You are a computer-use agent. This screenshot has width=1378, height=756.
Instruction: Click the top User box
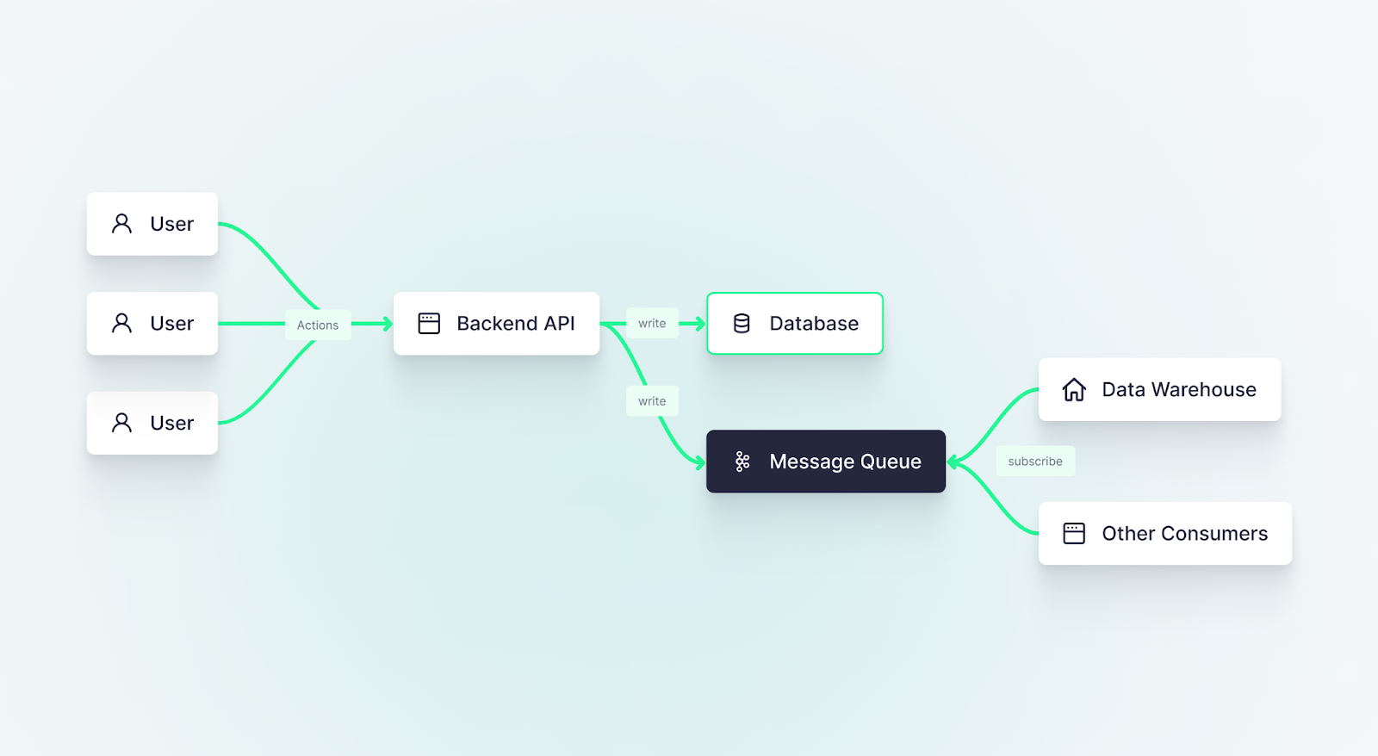[152, 224]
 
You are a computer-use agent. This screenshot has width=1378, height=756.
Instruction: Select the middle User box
[152, 324]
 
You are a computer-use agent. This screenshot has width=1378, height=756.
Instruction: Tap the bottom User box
[152, 423]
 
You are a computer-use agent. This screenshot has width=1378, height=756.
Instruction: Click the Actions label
[318, 325]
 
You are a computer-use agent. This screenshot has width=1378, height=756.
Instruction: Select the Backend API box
[496, 324]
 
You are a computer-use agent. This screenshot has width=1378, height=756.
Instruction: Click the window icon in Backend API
[429, 324]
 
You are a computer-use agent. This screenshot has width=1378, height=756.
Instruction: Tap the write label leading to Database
[652, 324]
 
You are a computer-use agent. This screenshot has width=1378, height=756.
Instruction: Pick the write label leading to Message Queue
[652, 401]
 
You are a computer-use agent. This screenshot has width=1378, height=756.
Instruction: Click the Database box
[795, 324]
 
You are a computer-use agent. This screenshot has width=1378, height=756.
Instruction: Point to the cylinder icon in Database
[742, 324]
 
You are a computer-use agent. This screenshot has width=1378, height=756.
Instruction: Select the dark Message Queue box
[826, 462]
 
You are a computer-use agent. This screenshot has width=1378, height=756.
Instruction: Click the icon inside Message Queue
[742, 462]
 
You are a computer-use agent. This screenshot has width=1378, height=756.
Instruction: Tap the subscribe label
[1035, 462]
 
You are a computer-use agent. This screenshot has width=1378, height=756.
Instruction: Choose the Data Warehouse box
[1159, 390]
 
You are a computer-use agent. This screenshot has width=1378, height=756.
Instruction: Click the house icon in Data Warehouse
[1074, 390]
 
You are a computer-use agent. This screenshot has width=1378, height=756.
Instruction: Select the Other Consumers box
[1164, 534]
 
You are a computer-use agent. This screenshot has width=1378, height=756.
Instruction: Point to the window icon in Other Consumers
[1074, 534]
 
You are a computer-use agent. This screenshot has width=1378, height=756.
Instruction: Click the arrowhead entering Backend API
[388, 324]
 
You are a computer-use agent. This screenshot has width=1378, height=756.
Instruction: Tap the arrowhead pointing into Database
[700, 324]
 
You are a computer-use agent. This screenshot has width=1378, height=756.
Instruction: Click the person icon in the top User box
[122, 224]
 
